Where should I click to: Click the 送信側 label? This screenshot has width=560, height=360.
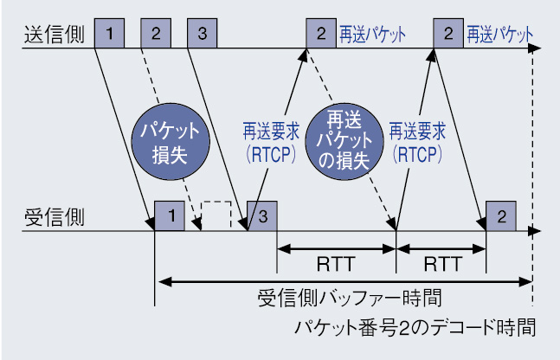coord(55,35)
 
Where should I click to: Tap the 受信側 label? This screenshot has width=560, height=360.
coord(55,217)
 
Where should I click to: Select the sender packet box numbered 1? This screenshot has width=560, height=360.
coord(109,33)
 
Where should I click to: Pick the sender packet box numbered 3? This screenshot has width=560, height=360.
coord(203,33)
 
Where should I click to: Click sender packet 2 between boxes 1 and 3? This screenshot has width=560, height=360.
coord(156,33)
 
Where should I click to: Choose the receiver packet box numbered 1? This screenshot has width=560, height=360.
coord(170,215)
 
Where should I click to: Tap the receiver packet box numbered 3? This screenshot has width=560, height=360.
coord(262,215)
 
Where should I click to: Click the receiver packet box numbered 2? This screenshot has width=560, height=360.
coord(501,215)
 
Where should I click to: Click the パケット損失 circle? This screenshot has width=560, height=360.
coord(171,142)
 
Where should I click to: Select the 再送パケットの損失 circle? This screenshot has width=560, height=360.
coord(344,141)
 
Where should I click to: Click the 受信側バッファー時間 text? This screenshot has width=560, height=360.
coord(350,298)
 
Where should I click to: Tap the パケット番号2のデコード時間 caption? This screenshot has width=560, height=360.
coord(415,327)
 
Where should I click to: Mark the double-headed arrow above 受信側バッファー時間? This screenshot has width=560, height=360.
coord(345,282)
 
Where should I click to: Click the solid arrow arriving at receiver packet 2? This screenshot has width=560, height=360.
coord(460,140)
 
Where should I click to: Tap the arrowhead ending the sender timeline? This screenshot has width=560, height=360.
coord(535,48)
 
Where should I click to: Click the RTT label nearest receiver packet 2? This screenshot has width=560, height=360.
coord(442,264)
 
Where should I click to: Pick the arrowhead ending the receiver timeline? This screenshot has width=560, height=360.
coord(535,231)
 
